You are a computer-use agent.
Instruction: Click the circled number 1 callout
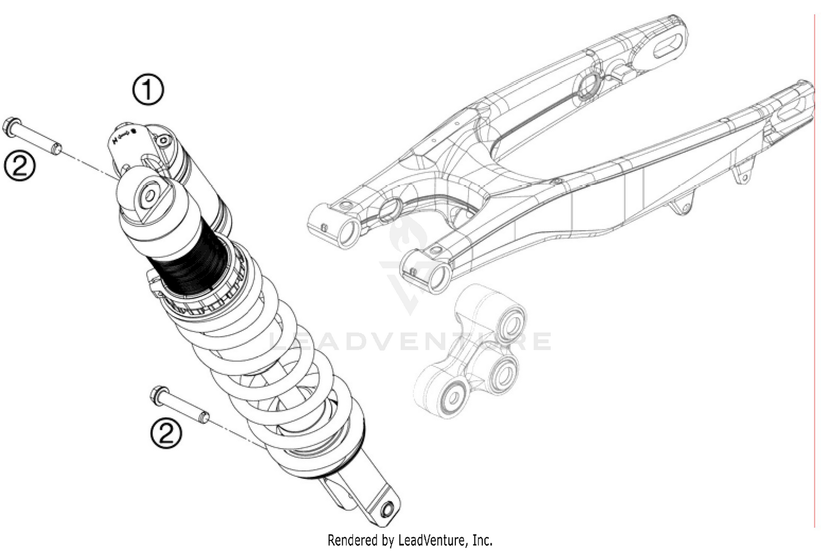148,90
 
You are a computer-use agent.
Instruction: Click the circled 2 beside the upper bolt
20,165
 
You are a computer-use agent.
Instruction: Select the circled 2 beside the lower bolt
166,434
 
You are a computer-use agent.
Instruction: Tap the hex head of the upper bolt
10,126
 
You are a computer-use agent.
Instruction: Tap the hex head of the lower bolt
157,394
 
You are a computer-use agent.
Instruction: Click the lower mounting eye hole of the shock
388,509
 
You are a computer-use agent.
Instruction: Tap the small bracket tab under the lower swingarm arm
681,207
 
